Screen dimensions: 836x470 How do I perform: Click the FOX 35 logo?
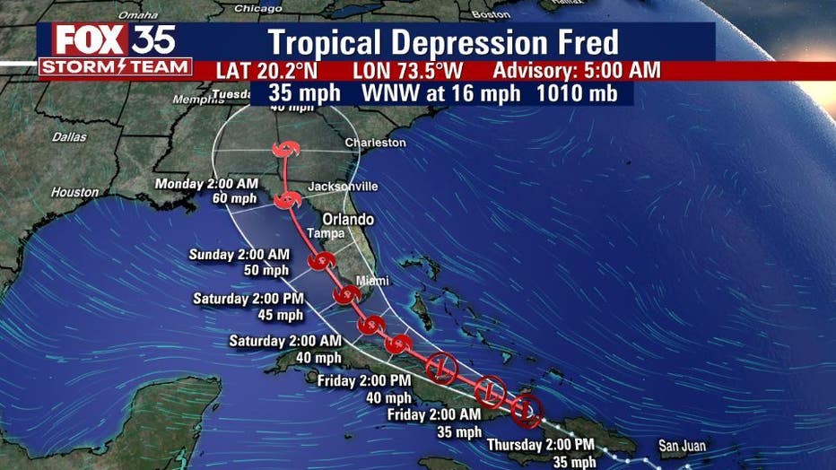(x=114, y=40)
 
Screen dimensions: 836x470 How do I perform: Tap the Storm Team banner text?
(x=115, y=67)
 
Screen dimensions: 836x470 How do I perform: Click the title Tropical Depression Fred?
(x=443, y=43)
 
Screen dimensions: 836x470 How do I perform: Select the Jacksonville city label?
(x=343, y=187)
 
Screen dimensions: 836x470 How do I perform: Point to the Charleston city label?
(x=376, y=143)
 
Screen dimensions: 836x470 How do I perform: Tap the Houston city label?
(x=74, y=192)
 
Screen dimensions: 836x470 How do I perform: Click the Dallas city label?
(x=69, y=137)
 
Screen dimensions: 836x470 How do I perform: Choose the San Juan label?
(x=682, y=446)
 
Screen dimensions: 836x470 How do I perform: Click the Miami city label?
(x=374, y=281)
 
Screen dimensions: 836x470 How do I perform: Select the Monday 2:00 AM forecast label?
(x=207, y=184)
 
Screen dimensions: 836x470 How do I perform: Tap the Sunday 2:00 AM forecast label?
(x=239, y=255)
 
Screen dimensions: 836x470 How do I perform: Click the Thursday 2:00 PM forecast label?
(x=541, y=445)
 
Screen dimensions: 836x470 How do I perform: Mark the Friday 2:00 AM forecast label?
(x=433, y=414)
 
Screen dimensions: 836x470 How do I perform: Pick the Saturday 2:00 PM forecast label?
(x=249, y=298)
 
